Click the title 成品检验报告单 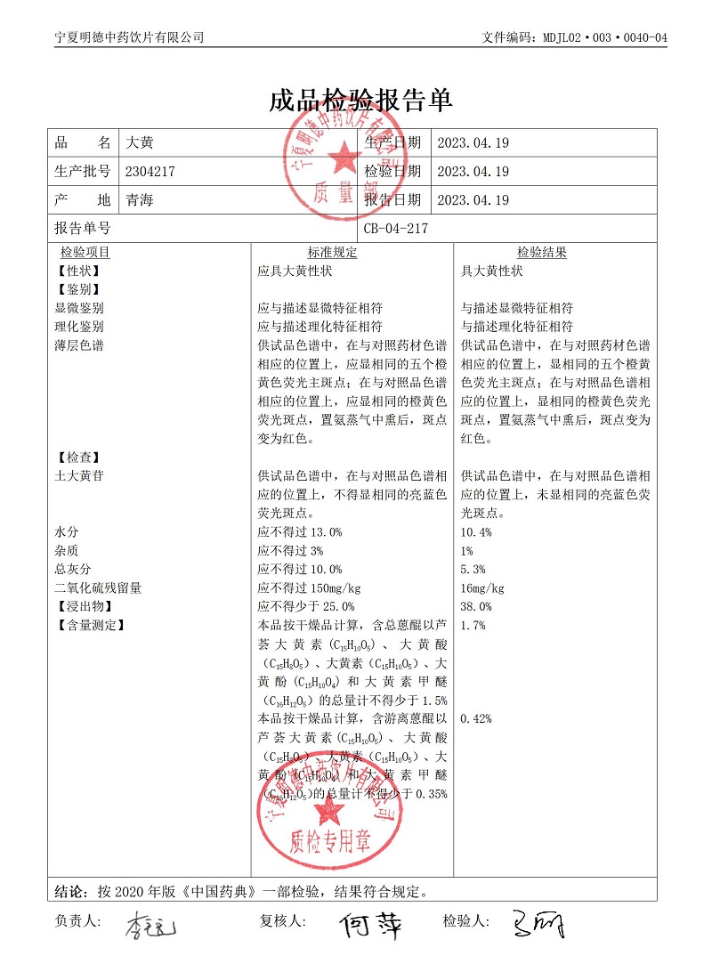coord(360,100)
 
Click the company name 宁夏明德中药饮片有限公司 coord(129,37)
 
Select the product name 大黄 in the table coord(141,142)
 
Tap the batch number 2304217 coord(153,172)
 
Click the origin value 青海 coord(141,200)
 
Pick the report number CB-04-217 coord(396,229)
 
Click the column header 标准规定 coord(332,253)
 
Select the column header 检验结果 coord(541,253)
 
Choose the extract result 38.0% coord(476,607)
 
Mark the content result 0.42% coord(476,719)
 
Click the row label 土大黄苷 coord(78,476)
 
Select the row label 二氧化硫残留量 coord(98,588)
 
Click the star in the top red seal coord(342,160)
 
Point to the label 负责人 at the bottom coord(78,921)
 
